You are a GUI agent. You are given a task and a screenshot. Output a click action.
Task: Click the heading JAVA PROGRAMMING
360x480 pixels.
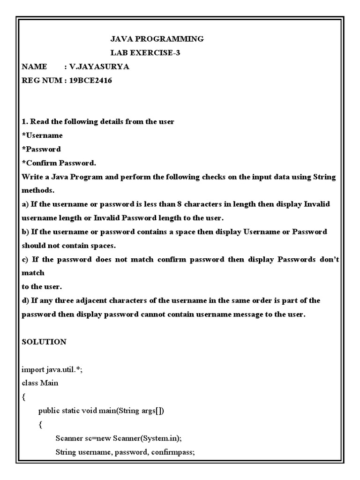(x=157, y=39)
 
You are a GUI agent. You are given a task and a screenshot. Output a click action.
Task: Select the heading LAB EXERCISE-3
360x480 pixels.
(x=145, y=53)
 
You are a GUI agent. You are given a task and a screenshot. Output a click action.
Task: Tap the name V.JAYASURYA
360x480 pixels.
(x=99, y=67)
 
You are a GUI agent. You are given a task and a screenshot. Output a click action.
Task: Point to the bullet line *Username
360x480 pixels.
(x=42, y=135)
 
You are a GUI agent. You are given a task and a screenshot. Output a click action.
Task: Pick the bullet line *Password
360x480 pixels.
(x=41, y=149)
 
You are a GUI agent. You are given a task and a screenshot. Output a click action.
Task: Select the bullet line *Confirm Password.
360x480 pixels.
(x=59, y=163)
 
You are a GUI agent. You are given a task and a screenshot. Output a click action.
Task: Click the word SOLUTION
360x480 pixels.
(x=44, y=342)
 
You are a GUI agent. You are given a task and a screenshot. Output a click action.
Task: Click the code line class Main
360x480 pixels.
(x=40, y=383)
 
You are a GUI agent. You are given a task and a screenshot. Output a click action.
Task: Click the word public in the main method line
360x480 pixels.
(x=49, y=411)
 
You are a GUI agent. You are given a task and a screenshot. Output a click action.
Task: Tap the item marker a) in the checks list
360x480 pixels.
(x=25, y=204)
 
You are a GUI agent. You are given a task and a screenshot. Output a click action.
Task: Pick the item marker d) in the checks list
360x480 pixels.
(x=26, y=300)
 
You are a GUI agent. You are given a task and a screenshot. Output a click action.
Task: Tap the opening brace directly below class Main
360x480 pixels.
(x=24, y=397)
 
